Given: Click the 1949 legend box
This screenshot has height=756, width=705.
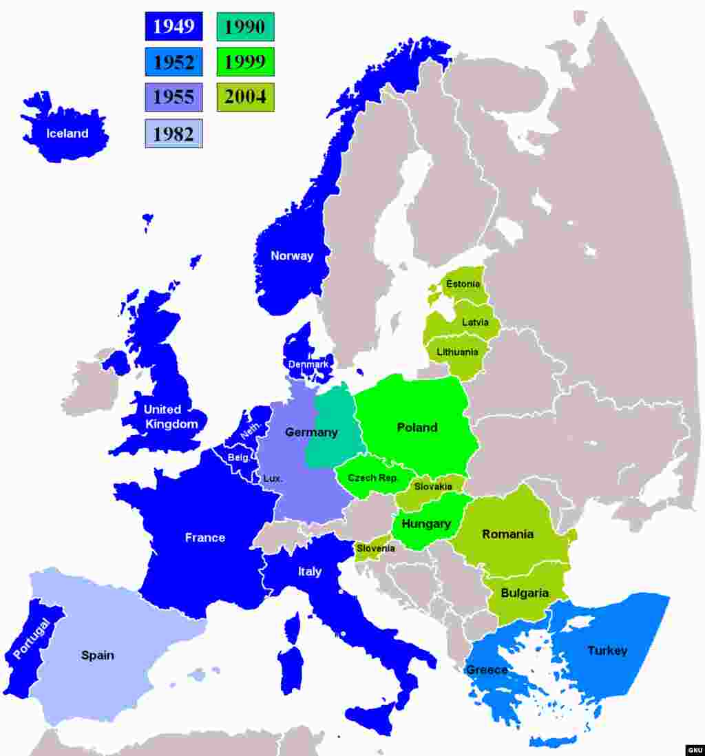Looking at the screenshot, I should pyautogui.click(x=173, y=27).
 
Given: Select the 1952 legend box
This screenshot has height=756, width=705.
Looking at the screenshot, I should pyautogui.click(x=173, y=62).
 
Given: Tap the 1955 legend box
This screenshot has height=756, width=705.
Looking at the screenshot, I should pyautogui.click(x=173, y=97).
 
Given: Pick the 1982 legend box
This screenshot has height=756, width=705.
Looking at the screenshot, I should pyautogui.click(x=173, y=133).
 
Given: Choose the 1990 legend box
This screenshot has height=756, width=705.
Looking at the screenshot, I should pyautogui.click(x=245, y=27).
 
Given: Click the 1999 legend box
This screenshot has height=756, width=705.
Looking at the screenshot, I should pyautogui.click(x=245, y=62).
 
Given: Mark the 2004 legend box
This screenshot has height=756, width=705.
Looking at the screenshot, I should pyautogui.click(x=245, y=97).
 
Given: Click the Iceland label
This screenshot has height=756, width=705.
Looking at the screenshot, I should pyautogui.click(x=67, y=134).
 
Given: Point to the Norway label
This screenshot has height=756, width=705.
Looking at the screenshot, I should pyautogui.click(x=292, y=256).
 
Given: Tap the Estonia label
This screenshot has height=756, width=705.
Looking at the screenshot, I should pyautogui.click(x=463, y=284).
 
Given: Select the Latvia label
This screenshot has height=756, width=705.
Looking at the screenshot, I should pyautogui.click(x=475, y=322).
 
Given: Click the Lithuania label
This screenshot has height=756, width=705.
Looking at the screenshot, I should pyautogui.click(x=457, y=353).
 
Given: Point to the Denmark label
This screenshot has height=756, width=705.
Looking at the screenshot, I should pyautogui.click(x=308, y=364).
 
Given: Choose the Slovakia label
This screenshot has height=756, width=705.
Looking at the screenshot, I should pyautogui.click(x=433, y=487).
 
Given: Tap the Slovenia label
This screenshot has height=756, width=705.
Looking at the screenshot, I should pyautogui.click(x=376, y=549).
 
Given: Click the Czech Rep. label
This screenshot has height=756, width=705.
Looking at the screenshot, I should pyautogui.click(x=372, y=478).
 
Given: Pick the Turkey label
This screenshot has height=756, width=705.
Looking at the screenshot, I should pyautogui.click(x=607, y=651).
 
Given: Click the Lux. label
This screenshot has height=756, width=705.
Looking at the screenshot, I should pyautogui.click(x=273, y=478).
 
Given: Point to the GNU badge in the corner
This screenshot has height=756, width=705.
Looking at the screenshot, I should pyautogui.click(x=694, y=750).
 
